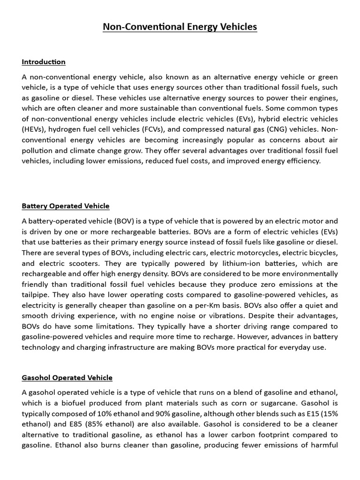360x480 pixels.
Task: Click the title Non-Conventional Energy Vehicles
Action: pos(180,27)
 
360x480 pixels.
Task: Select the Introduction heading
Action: pos(44,62)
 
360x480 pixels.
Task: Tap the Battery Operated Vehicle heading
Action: pos(66,206)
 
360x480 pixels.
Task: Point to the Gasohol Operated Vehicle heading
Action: pos(67,377)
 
